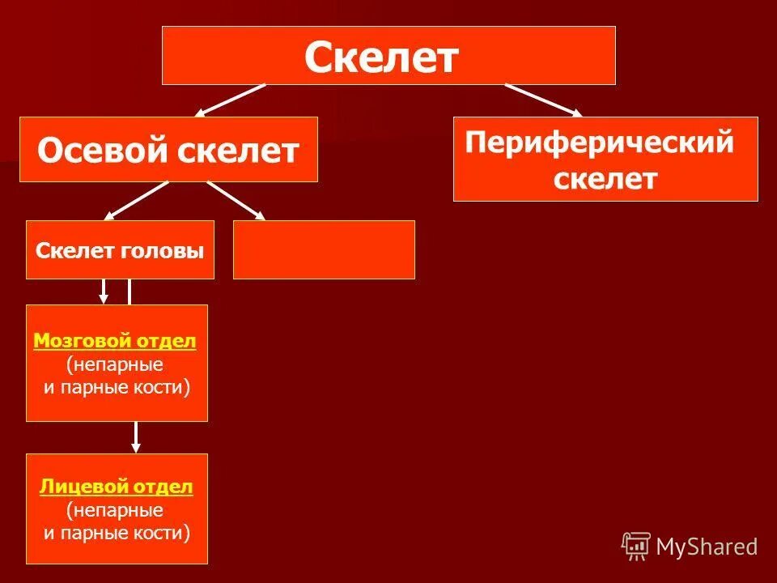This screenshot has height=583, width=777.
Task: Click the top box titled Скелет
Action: [x=388, y=56]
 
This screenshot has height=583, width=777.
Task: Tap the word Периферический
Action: [x=600, y=143]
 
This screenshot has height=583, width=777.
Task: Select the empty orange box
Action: [x=324, y=249]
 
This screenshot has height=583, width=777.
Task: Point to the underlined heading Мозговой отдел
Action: [x=115, y=342]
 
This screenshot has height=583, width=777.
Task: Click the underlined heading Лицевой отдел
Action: [x=116, y=487]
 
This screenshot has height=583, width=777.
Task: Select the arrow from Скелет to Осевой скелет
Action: [x=230, y=100]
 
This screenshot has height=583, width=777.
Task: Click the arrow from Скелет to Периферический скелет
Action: [x=542, y=100]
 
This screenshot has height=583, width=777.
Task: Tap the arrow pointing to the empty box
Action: [x=236, y=201]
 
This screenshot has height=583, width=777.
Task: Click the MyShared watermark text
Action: [x=707, y=547]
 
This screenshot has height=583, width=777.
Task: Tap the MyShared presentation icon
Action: [x=636, y=546]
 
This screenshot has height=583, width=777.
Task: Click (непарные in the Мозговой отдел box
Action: [x=115, y=365]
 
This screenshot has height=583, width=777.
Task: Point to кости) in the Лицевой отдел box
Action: [x=165, y=533]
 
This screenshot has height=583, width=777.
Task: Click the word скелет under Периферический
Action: [x=605, y=178]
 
